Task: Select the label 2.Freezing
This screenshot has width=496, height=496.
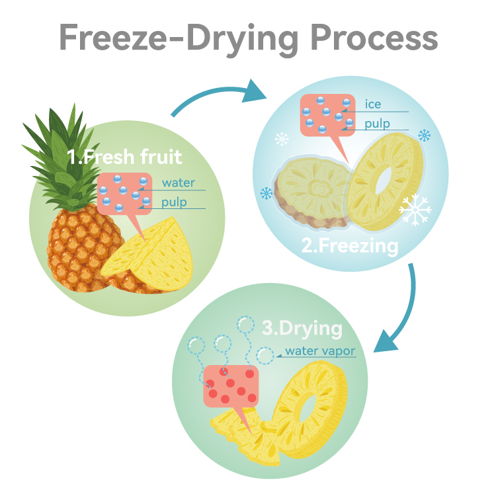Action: pos(350,246)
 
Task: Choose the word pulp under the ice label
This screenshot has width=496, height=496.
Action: pos(377,123)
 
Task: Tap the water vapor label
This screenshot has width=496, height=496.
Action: pos(320,351)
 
